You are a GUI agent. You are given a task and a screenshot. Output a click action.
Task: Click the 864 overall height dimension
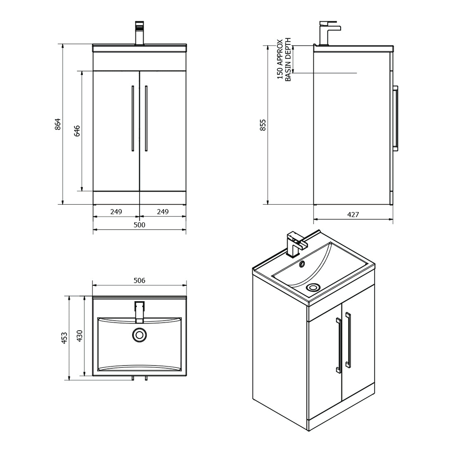[58, 125]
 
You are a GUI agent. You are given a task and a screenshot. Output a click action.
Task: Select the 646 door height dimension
[77, 131]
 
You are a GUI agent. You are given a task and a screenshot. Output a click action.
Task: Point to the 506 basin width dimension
[140, 281]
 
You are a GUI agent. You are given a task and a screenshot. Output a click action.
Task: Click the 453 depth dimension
[64, 337]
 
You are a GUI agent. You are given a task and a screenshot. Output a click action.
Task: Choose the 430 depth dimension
[79, 336]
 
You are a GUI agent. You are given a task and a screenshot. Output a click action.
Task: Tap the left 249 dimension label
[116, 212]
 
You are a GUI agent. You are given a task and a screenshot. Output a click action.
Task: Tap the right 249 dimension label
[163, 212]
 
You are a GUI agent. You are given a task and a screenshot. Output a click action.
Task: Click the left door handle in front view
[132, 118]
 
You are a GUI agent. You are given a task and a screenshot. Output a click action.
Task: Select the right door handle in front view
[146, 118]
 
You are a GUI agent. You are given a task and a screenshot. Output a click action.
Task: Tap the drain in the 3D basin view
[312, 287]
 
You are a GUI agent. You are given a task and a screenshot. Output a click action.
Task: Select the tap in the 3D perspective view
[294, 245]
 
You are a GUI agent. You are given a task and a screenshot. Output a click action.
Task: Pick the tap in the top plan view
[140, 312]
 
